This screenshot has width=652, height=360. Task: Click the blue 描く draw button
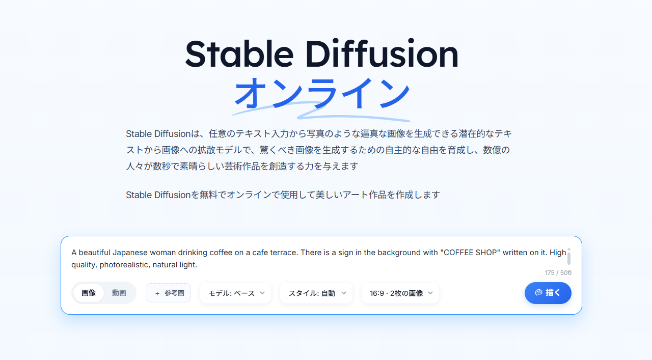(548, 293)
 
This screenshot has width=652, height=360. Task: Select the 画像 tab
(89, 293)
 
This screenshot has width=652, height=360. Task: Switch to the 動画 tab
(119, 293)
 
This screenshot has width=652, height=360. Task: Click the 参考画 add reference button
(168, 293)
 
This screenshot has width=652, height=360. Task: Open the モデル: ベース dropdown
(235, 293)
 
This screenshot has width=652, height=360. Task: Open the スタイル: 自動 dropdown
(316, 293)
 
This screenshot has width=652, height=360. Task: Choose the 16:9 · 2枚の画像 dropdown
(400, 293)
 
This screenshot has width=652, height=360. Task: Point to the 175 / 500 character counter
(558, 273)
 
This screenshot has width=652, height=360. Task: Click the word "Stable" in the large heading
(239, 54)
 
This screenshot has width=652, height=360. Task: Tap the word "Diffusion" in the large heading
(382, 54)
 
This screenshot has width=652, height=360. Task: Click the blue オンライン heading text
(322, 93)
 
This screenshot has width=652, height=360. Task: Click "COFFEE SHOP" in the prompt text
(470, 253)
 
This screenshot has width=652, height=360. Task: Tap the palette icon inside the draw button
(538, 292)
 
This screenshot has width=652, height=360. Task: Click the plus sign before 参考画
(157, 293)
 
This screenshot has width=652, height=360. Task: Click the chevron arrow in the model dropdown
(262, 293)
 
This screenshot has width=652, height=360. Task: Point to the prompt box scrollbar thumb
(569, 259)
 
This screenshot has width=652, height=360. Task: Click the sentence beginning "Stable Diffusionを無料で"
(283, 195)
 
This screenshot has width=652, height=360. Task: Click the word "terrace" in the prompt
(284, 253)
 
